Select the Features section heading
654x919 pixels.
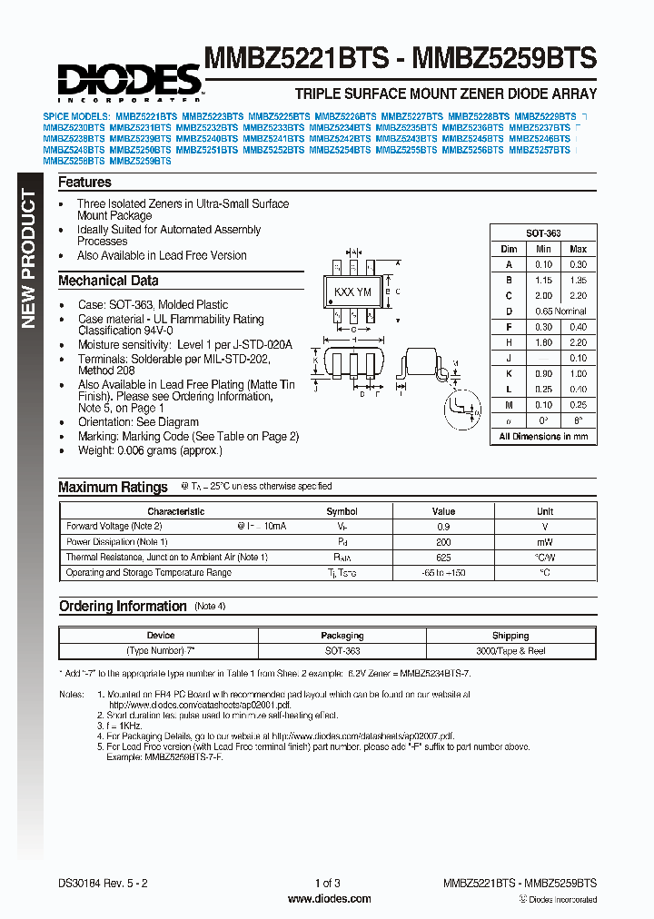(84, 183)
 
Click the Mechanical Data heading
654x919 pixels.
(108, 281)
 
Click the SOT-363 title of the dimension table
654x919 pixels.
(543, 233)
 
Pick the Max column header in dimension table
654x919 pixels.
(578, 249)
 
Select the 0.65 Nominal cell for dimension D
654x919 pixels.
(560, 311)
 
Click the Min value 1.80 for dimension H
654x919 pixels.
(543, 342)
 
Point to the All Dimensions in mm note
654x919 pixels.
(543, 437)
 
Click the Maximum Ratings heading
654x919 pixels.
(113, 488)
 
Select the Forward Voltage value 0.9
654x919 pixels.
(443, 527)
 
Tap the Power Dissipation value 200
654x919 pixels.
(443, 542)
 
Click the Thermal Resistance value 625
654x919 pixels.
(443, 558)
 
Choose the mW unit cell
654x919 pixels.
(544, 542)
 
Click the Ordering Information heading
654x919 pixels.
(123, 607)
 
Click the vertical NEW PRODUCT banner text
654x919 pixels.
(28, 260)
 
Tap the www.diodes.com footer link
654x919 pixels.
(328, 899)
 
